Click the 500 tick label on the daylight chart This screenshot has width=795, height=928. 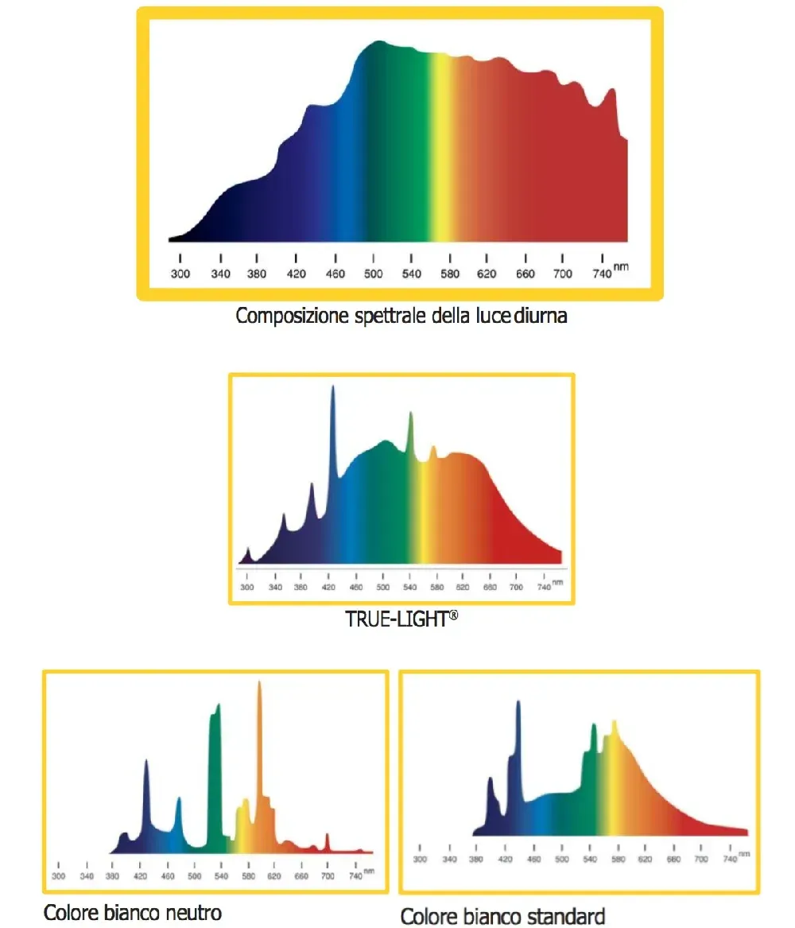pos(374,274)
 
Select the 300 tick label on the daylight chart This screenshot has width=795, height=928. pos(180,274)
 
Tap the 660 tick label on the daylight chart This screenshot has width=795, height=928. pos(525,274)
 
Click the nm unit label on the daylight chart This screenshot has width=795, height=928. pos(621,266)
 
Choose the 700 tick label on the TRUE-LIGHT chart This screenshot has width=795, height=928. pos(517,587)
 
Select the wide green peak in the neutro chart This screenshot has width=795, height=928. pos(215,755)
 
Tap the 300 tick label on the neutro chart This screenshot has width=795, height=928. pos(58,876)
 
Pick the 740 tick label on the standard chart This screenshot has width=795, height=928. pos(729,860)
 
